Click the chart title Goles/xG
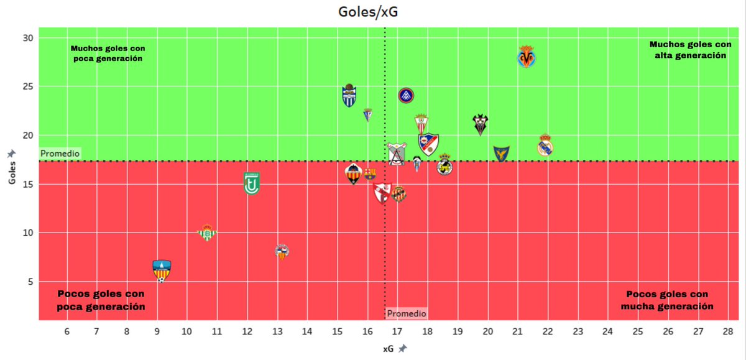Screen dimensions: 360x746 pos(373,12)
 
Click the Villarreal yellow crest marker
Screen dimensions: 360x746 pos(527,58)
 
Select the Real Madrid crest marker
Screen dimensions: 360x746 pos(545,145)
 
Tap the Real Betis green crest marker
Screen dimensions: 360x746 pos(207,233)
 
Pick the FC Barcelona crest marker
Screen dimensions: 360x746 pos(369,173)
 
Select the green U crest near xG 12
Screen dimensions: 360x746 pos(251,183)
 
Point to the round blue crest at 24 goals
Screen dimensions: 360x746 pos(406,95)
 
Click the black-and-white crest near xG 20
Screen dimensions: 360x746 pos(480,125)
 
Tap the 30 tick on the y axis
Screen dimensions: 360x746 pos(28,38)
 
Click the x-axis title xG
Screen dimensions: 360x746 pos(389,349)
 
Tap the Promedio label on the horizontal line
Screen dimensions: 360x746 pos(60,154)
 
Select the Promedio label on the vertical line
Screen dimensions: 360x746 pos(407,313)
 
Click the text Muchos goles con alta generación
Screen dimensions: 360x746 pos(690,50)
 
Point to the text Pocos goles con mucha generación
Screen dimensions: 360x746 pos(667,300)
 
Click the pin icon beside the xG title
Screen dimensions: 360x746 pos(403,349)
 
